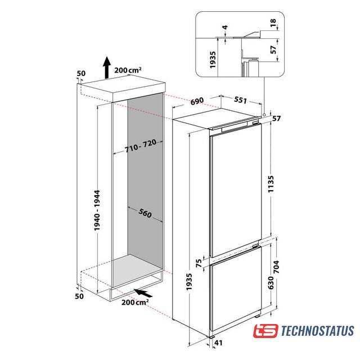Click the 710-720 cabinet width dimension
pos(141,146)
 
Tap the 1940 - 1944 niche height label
pos(97,210)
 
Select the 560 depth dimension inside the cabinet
pos(145,213)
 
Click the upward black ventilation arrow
pos(107,67)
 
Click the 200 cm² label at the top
pos(128,70)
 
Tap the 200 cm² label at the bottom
pos(135,302)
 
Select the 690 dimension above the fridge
pos(197,101)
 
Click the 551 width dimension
pos(240,100)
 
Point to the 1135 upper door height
pos(271,184)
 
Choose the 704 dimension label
pos(276,267)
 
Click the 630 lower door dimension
pos(271,282)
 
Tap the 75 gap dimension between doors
pos(199,263)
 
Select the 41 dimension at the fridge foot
pos(218,343)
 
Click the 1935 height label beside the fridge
pos(189,282)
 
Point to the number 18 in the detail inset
pos(273,22)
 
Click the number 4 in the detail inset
pos(225,28)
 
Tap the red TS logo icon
pos(265,331)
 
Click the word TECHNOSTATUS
pos(317,331)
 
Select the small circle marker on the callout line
pos(264,114)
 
